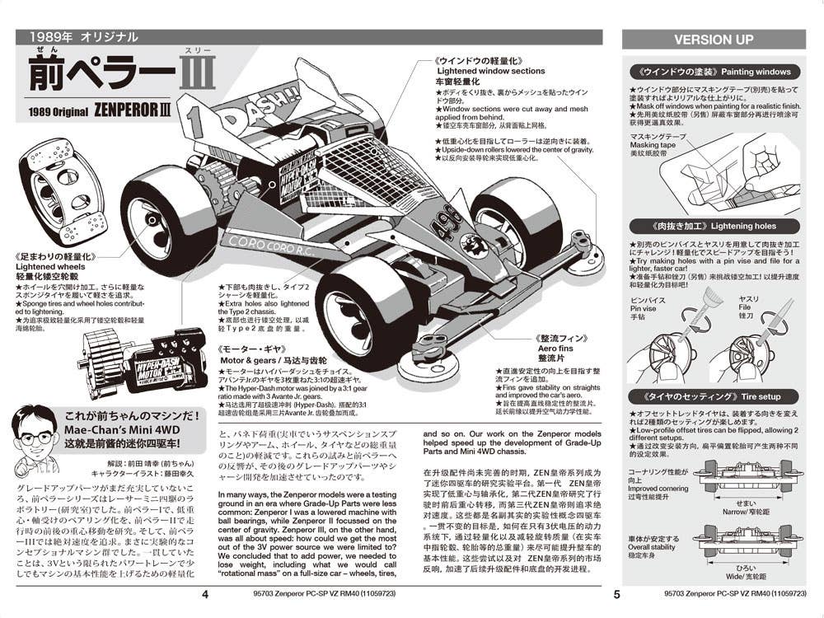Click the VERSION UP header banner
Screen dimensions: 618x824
pyautogui.click(x=714, y=39)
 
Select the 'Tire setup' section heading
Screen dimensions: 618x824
pyautogui.click(x=748, y=396)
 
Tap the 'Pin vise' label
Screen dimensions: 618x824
pyautogui.click(x=644, y=308)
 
